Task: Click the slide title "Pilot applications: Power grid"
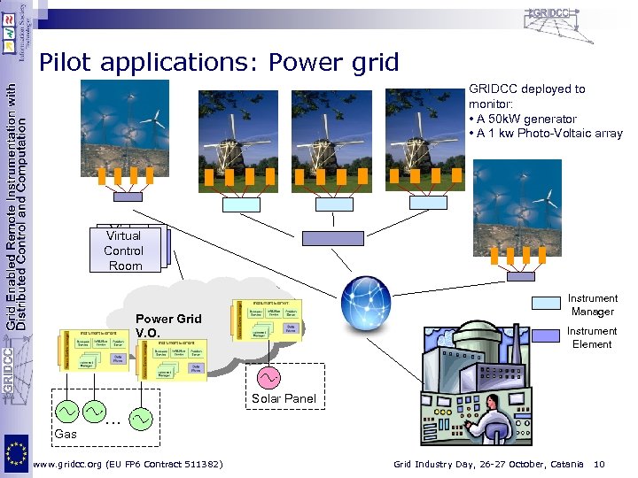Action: (220, 62)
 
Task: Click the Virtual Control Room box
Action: (124, 251)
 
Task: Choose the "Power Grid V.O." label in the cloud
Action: (168, 325)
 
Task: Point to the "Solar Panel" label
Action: (284, 399)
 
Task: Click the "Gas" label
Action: (66, 435)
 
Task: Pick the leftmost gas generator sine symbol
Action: (67, 413)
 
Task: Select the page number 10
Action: (600, 465)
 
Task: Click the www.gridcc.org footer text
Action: (127, 465)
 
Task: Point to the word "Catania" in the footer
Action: (564, 465)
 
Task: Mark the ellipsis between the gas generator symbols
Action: (113, 418)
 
